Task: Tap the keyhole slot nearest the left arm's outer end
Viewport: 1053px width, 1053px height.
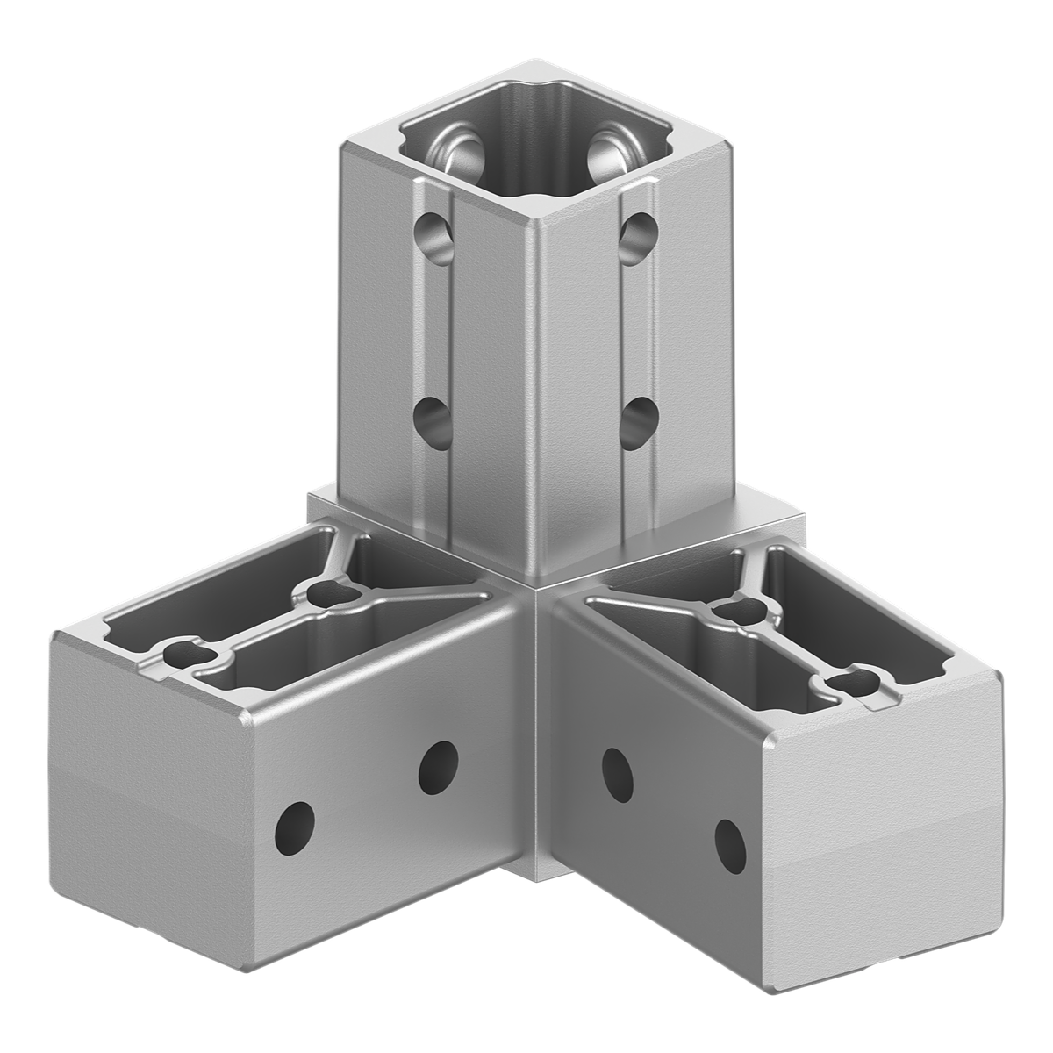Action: (183, 654)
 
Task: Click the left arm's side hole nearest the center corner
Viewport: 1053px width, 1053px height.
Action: (438, 766)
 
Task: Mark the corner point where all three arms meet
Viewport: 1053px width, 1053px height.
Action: (534, 590)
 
